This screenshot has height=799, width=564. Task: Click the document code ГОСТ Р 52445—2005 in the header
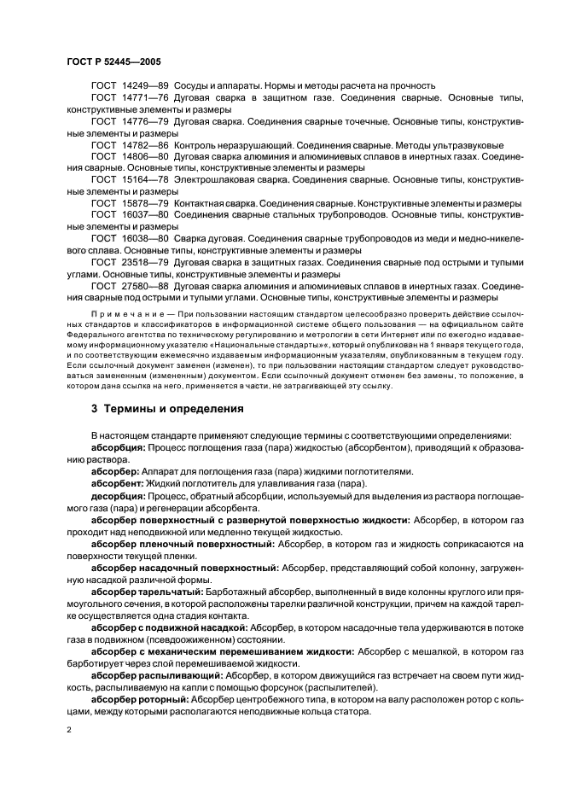coord(113,62)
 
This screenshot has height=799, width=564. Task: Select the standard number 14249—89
coord(146,85)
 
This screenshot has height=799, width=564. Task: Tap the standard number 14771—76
coord(146,97)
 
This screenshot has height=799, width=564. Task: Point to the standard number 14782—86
coord(146,145)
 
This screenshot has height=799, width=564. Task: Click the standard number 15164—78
coord(146,181)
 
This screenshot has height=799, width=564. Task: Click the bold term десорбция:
coord(119,495)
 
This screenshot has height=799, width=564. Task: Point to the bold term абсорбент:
coord(119,483)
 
